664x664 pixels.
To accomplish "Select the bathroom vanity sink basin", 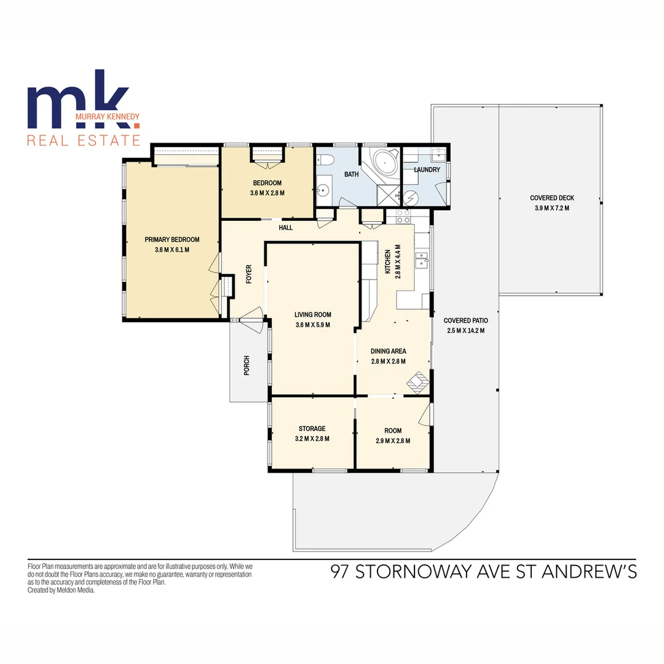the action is coord(323,191).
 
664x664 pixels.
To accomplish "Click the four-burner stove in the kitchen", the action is coord(403,216).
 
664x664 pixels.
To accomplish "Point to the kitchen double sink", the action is coord(422,260).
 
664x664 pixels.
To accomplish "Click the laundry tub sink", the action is coord(438,155).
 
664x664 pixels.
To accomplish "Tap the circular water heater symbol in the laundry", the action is coord(411,198).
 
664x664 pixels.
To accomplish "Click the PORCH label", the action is coord(247,365).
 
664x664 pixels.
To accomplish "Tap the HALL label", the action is coord(286,227).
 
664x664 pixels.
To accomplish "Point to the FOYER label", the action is coord(249,274).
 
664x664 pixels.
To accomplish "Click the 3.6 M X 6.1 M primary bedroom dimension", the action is coord(172,250).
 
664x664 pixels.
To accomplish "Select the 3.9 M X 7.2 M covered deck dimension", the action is coord(551,208).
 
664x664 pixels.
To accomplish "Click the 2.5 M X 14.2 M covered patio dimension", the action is coord(466,331).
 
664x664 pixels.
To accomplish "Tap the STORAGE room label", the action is coord(312,429).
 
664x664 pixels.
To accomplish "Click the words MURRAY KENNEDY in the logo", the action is coord(107,116).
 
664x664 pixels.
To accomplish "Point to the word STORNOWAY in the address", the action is coord(414,572).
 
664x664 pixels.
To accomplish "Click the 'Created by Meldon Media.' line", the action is coord(61,590).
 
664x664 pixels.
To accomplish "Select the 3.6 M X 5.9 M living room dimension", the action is coord(312,325).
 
